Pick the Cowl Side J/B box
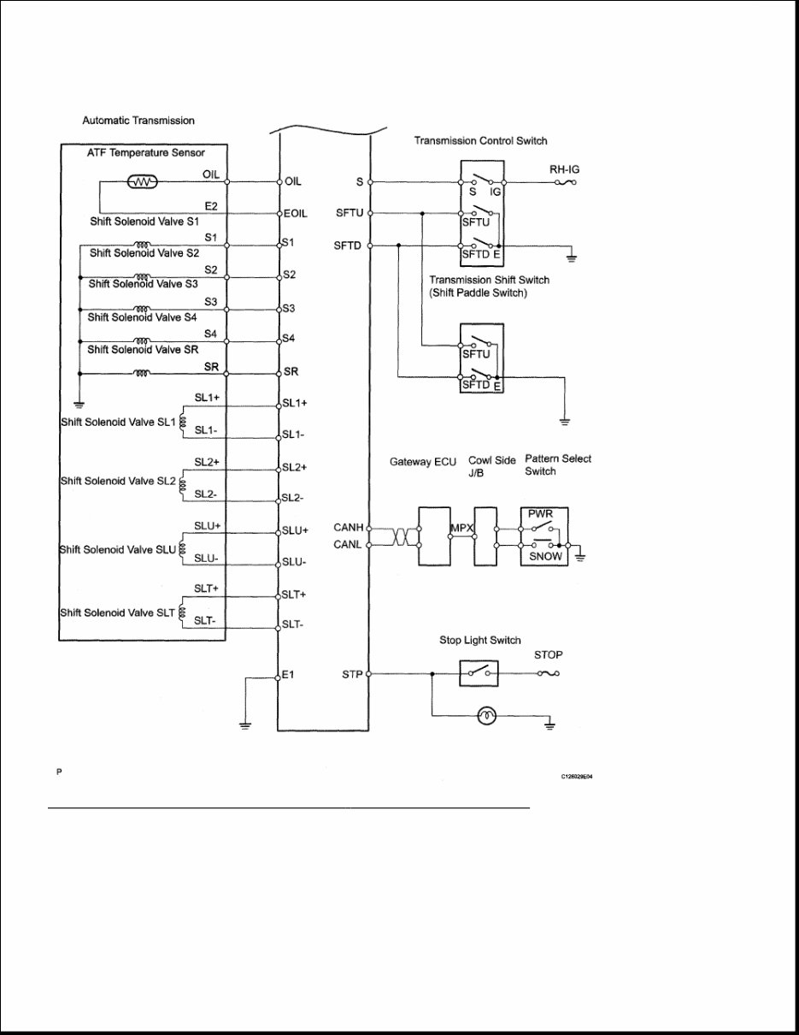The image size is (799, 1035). (486, 535)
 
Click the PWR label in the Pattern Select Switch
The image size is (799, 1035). (541, 515)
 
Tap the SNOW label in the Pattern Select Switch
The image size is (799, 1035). (546, 556)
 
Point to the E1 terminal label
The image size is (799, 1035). (289, 675)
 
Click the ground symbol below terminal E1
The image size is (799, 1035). (244, 725)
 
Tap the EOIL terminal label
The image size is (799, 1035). (295, 213)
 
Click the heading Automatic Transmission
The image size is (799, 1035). (138, 121)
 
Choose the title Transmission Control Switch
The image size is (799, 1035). (480, 140)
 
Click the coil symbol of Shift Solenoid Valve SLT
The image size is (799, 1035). (181, 613)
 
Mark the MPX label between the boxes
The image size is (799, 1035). (462, 529)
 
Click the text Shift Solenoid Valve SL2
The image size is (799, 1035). (117, 481)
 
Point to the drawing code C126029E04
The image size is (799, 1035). (577, 777)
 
